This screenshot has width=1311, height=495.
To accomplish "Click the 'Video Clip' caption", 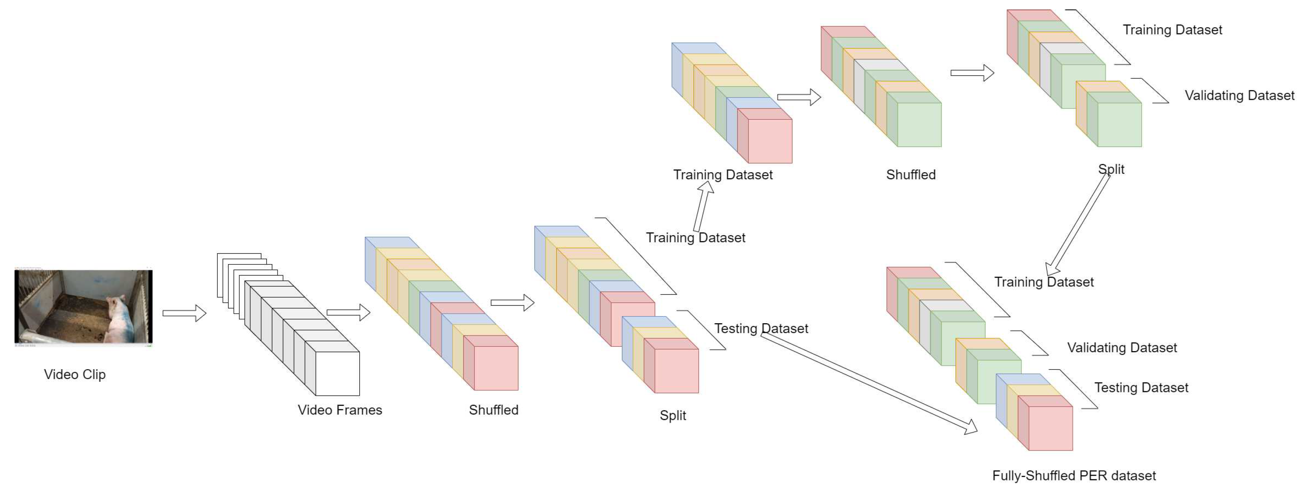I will (x=75, y=374).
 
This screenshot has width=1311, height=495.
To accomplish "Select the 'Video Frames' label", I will (x=340, y=410).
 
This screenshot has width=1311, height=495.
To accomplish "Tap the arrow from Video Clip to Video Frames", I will (x=184, y=313).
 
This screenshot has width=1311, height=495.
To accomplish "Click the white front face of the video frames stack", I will (x=337, y=373).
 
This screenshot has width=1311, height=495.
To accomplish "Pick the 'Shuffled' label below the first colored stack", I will (x=493, y=410).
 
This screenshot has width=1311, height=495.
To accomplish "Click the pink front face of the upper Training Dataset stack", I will (x=770, y=141).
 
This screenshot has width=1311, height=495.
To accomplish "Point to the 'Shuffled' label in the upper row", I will (x=910, y=175).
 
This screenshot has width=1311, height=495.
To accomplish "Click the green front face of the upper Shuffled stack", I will (x=919, y=125).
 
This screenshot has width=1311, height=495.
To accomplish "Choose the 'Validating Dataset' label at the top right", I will (x=1239, y=95).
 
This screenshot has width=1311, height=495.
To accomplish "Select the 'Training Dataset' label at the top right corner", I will (x=1172, y=30).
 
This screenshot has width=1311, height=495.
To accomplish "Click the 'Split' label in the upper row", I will (x=1111, y=169).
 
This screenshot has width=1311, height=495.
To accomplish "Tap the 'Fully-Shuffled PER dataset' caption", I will (x=1074, y=476).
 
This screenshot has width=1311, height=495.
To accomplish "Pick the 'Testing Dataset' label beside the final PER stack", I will (x=1141, y=388).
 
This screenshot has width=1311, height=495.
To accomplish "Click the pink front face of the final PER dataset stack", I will (x=1050, y=428).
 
